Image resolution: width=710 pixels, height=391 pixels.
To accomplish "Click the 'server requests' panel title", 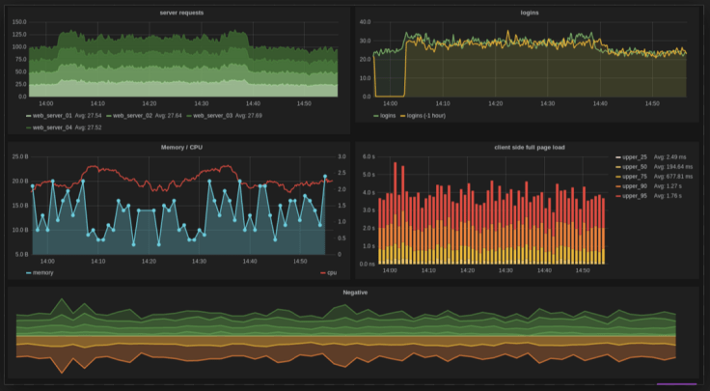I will pyautogui.click(x=181, y=13).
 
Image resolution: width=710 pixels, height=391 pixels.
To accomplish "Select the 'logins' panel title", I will pyautogui.click(x=529, y=13).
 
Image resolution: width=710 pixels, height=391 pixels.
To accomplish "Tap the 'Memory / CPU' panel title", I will pyautogui.click(x=181, y=148).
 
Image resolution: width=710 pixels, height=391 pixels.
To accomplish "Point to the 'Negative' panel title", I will pyautogui.click(x=355, y=291).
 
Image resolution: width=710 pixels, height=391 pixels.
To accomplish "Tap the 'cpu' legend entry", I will pyautogui.click(x=331, y=272).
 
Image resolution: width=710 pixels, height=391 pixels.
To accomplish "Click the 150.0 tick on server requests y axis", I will pyautogui.click(x=18, y=22).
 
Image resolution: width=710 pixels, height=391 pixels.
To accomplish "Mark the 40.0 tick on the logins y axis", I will pyautogui.click(x=365, y=22).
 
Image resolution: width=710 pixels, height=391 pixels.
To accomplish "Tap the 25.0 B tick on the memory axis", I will pyautogui.click(x=18, y=156).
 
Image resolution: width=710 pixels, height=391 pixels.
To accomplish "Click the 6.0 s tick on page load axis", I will pyautogui.click(x=368, y=156).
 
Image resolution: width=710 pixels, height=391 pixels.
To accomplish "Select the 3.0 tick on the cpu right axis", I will pyautogui.click(x=341, y=156).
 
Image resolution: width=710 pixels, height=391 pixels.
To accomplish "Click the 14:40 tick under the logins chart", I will pyautogui.click(x=599, y=103).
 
